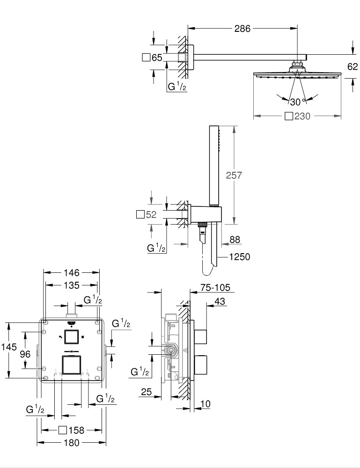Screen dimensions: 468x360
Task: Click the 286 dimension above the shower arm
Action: coord(242,29)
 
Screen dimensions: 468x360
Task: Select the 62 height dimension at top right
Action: coord(352,67)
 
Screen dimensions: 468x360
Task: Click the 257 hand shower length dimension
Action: coord(234,175)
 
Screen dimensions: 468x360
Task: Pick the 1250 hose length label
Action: coord(240,256)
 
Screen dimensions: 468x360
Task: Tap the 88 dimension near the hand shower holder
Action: coord(235,239)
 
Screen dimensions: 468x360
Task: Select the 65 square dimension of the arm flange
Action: coord(152,58)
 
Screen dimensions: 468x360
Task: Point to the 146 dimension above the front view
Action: coord(72,272)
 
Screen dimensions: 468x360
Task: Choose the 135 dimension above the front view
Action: coord(72,285)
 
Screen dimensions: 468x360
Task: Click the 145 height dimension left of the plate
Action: coord(9,347)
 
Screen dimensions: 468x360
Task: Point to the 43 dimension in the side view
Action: coord(219,302)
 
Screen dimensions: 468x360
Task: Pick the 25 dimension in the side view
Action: coord(147,392)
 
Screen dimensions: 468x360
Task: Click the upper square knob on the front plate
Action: coord(72,337)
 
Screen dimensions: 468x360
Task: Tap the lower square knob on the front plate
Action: coord(72,365)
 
